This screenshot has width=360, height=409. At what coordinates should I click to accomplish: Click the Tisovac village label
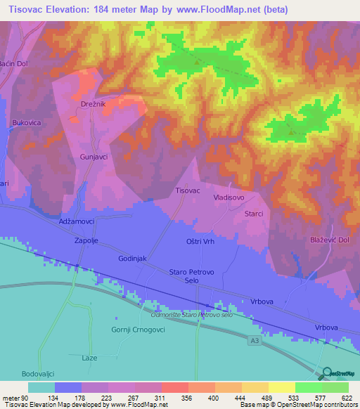point(187,190)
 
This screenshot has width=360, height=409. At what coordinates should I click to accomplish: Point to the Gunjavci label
point(94,157)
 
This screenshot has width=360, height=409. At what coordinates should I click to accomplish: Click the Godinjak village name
point(132,259)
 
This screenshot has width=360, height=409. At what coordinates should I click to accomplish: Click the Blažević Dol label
point(330,240)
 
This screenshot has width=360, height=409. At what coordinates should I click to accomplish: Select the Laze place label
point(89,358)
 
